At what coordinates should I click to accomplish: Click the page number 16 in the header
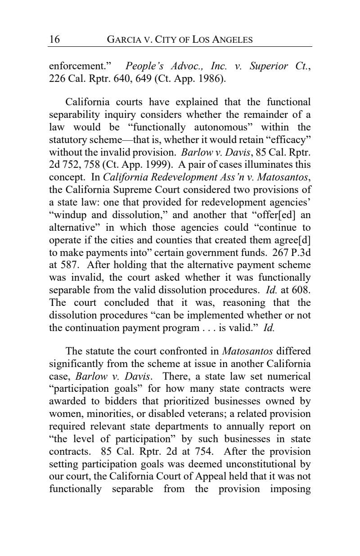point(54,40)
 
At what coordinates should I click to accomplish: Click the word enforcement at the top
point(76,67)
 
